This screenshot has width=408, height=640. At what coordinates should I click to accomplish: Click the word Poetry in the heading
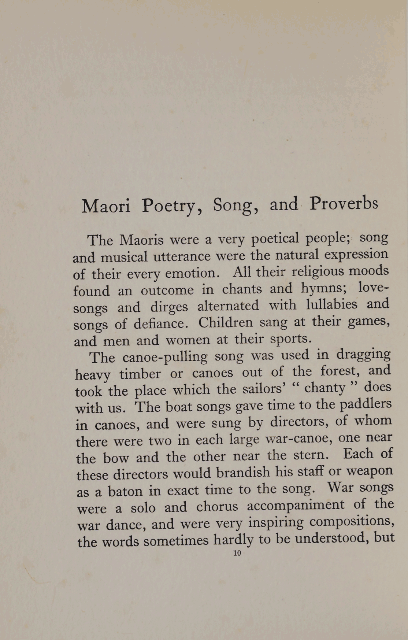172,206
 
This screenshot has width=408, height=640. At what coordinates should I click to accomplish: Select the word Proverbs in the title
343,204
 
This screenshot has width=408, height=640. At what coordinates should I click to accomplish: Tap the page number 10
237,553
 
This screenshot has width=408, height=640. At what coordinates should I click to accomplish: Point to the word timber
140,374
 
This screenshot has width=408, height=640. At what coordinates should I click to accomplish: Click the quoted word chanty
325,388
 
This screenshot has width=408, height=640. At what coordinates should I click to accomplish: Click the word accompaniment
296,506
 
